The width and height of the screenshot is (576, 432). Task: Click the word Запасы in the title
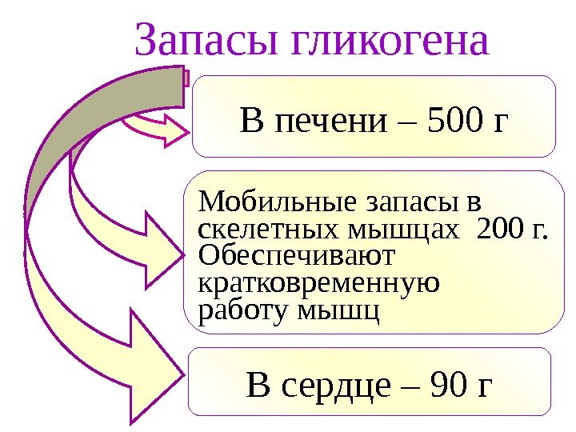click(x=202, y=42)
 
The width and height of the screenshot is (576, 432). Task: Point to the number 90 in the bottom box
click(x=449, y=386)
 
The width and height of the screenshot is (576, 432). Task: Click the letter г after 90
click(x=485, y=386)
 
